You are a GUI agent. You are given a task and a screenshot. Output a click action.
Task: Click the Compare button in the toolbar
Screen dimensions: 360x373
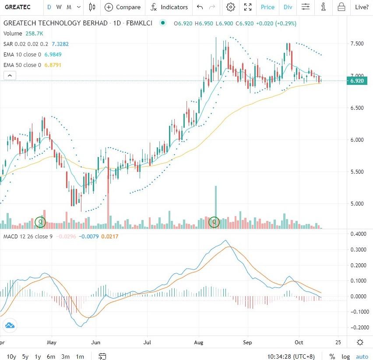pyautogui.click(x=123, y=7)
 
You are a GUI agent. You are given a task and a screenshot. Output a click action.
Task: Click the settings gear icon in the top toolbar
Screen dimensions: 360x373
pyautogui.click(x=231, y=7)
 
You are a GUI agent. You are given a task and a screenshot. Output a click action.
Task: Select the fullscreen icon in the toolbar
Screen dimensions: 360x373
pyautogui.click(x=248, y=7)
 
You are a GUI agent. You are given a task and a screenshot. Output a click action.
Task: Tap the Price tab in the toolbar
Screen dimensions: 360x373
pyautogui.click(x=267, y=7)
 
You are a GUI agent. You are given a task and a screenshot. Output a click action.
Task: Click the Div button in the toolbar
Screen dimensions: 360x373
pyautogui.click(x=288, y=7)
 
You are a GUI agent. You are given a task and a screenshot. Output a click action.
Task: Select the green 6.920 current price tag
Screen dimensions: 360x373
pyautogui.click(x=357, y=81)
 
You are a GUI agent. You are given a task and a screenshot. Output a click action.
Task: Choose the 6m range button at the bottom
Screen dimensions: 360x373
pyautogui.click(x=51, y=356)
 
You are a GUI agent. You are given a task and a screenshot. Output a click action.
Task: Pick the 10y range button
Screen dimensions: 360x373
pyautogui.click(x=12, y=356)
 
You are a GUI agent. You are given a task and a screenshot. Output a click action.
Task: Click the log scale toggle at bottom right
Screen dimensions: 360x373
pyautogui.click(x=346, y=356)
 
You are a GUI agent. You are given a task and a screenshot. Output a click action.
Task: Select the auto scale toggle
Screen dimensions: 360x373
pyautogui.click(x=362, y=356)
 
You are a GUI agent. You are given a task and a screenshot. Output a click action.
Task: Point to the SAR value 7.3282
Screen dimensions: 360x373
pyautogui.click(x=60, y=44)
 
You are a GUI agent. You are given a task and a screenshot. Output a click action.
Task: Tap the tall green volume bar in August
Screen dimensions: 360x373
pyautogui.click(x=216, y=201)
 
